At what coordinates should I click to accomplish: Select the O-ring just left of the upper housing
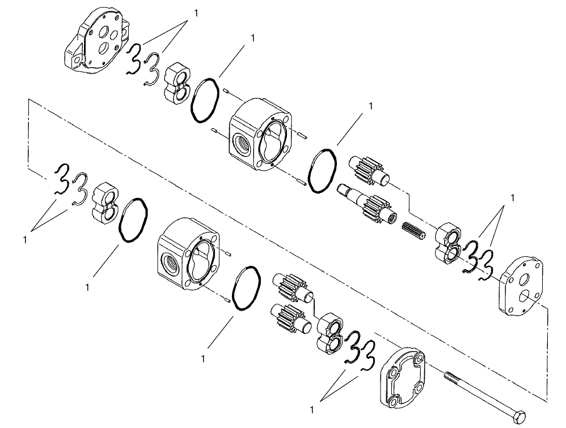[204, 100]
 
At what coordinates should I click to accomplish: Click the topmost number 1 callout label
[196, 12]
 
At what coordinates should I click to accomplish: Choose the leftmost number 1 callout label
[25, 240]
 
